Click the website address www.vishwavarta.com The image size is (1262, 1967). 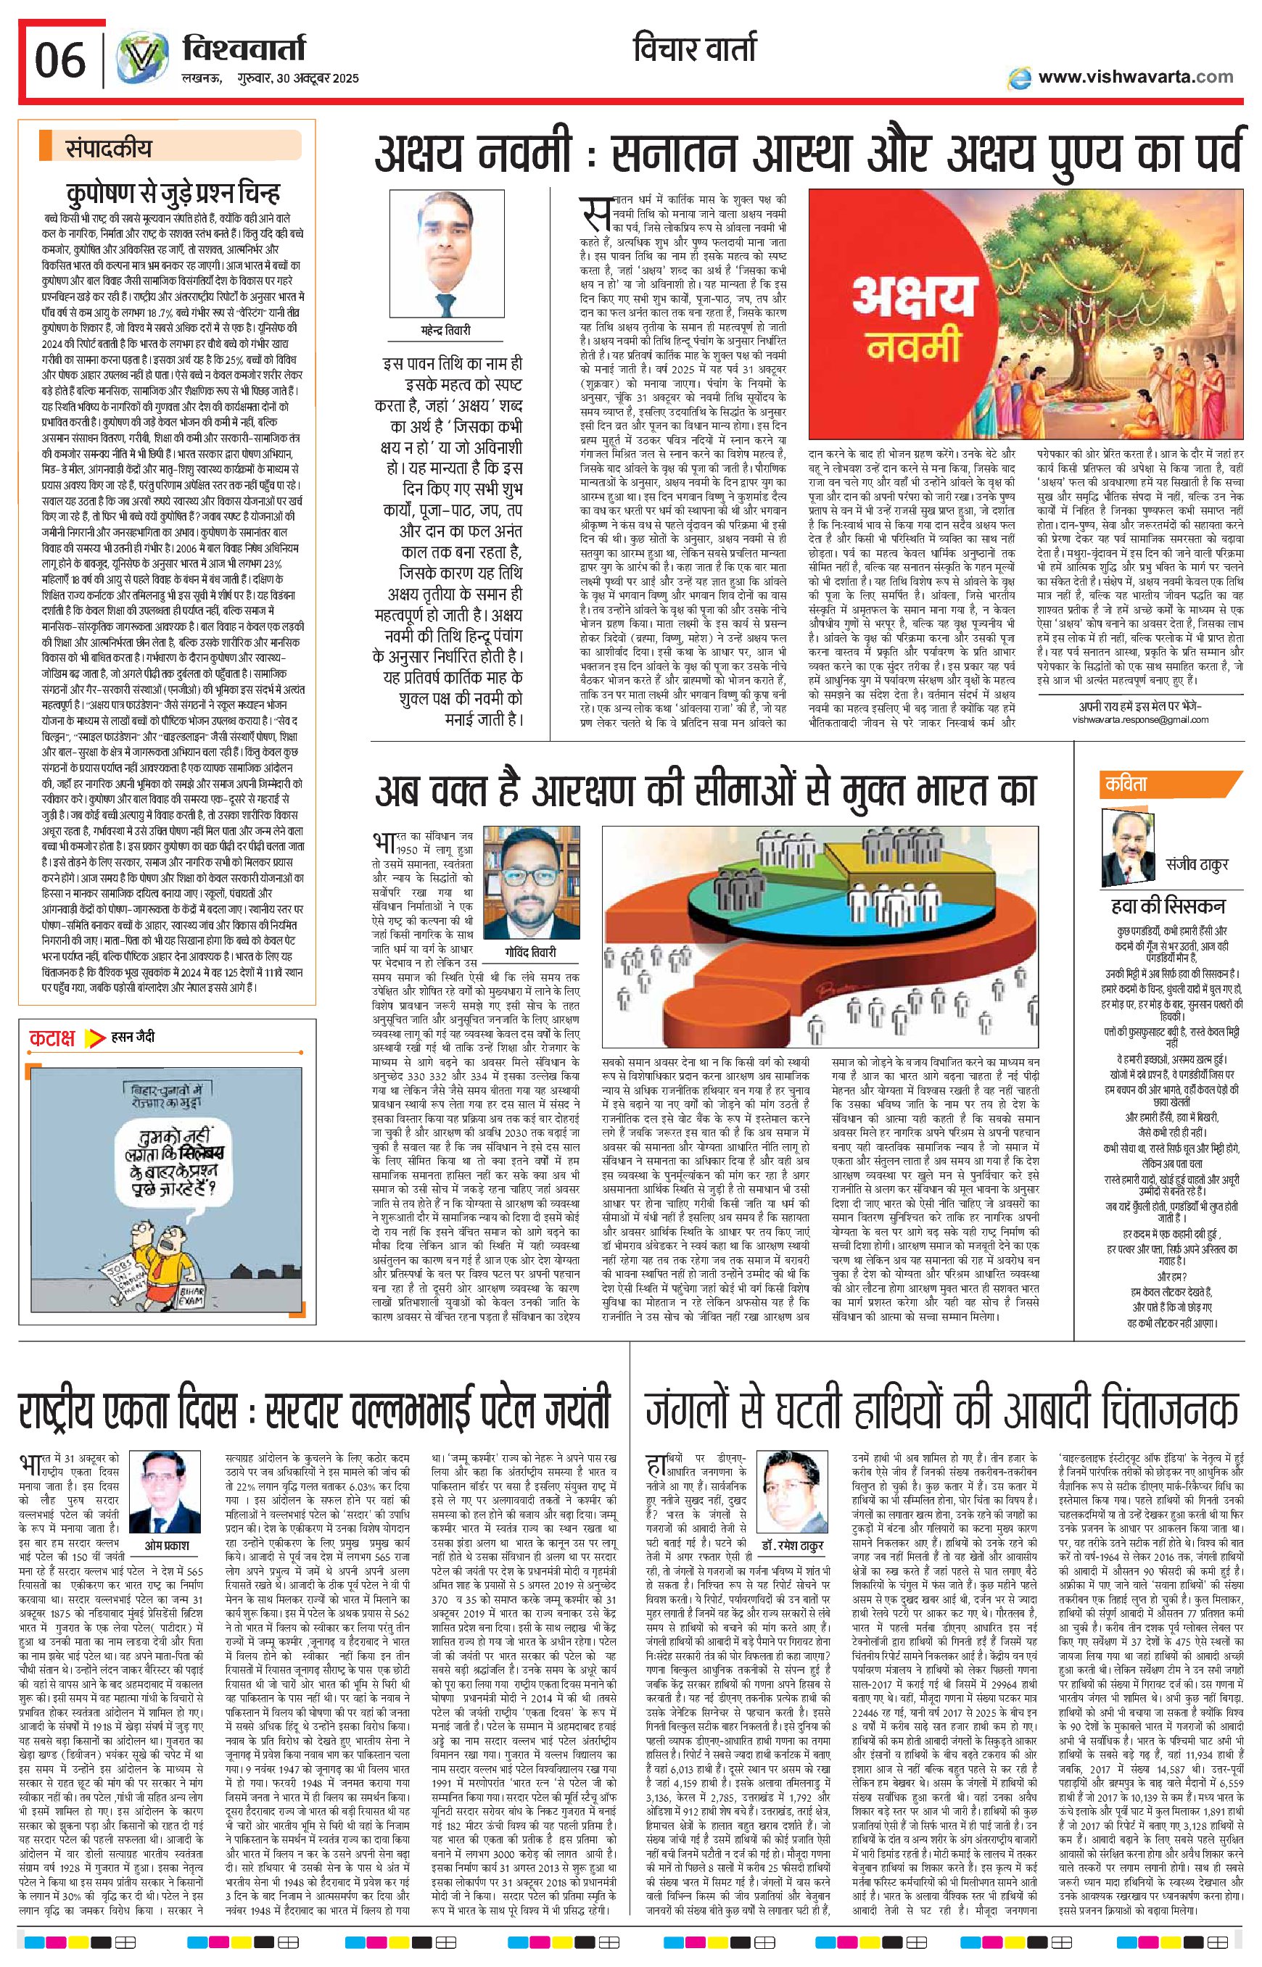1134,77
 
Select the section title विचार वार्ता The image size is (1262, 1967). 695,49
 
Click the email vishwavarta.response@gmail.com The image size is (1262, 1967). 1140,719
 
